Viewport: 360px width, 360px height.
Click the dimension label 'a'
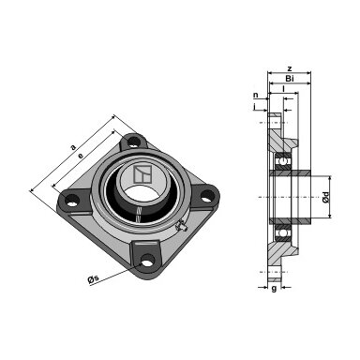[73, 147]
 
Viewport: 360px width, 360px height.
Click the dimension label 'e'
[82, 156]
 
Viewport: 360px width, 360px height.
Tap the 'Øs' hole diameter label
[93, 278]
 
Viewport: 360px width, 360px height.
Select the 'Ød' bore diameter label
[326, 197]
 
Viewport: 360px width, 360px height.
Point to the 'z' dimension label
[290, 68]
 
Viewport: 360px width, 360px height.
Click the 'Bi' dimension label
[290, 79]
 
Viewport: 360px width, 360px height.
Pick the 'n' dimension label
[256, 95]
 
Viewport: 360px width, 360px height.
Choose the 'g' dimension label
[274, 289]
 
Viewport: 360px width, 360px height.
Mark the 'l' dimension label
[283, 89]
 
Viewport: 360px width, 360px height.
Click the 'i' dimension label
[255, 107]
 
